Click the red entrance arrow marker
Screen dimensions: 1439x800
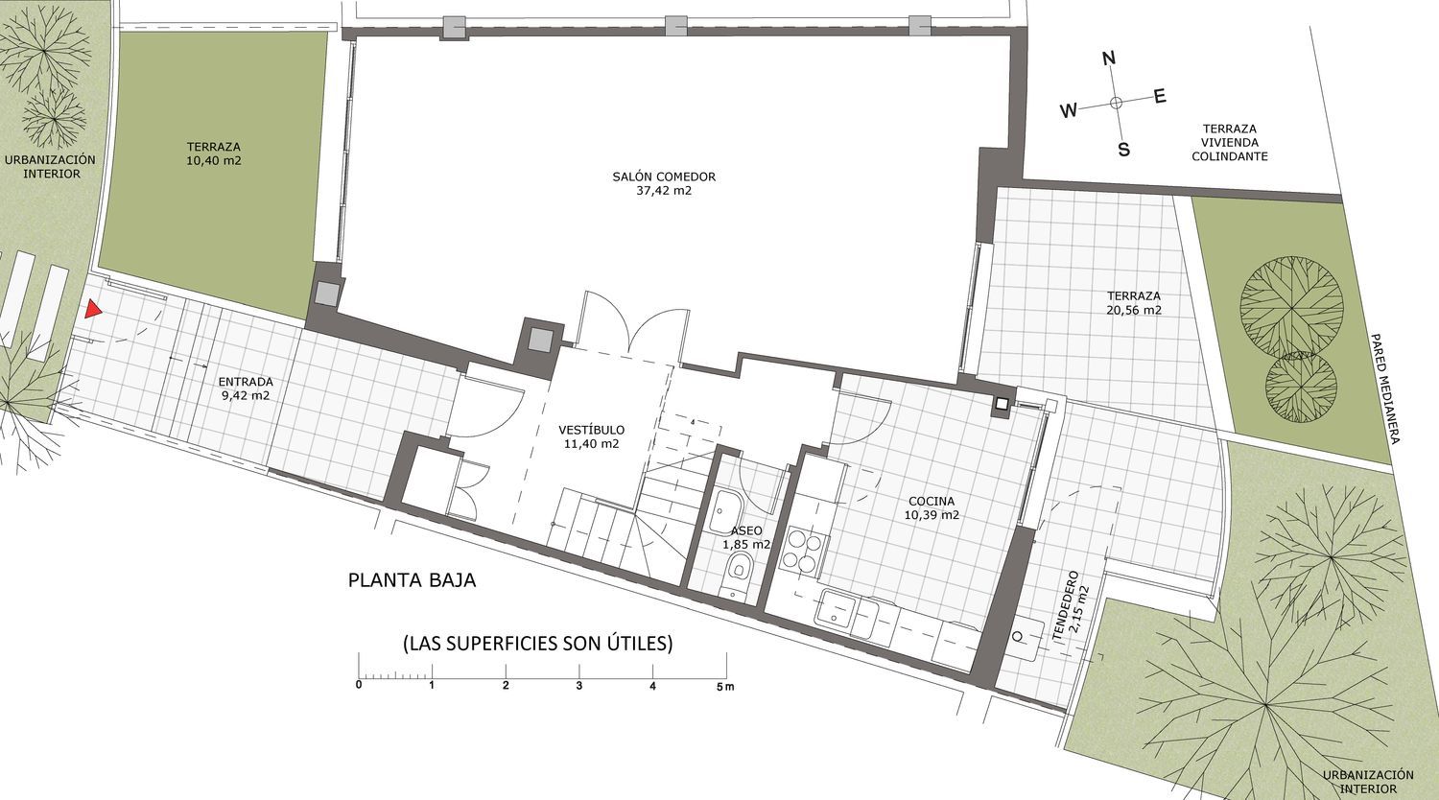pos(93,309)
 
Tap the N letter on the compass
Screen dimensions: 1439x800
pos(1109,59)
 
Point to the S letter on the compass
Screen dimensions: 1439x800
pos(1123,150)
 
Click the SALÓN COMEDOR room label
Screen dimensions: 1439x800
pos(664,176)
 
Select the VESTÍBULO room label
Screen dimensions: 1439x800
pos(591,430)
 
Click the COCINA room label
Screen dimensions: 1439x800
pos(932,502)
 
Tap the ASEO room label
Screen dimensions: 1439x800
pos(746,530)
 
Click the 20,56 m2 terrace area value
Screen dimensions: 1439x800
pos(1134,311)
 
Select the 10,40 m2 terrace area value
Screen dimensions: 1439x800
pos(214,160)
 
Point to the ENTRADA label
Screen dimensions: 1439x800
pos(246,382)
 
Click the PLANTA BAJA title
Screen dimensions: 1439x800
pos(412,580)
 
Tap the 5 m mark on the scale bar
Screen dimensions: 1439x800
pos(726,686)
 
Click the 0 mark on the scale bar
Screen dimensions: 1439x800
pos(359,685)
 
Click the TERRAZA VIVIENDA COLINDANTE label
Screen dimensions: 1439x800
pos(1230,143)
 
